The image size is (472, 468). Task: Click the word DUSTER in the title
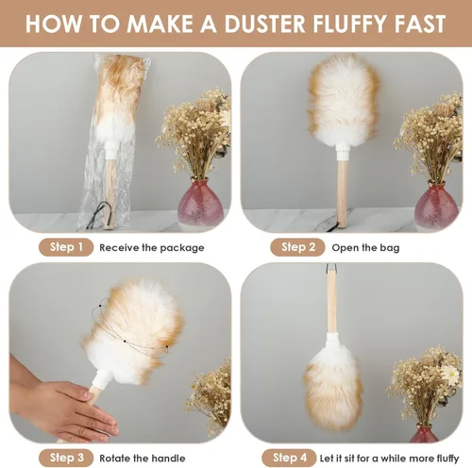pos(264,24)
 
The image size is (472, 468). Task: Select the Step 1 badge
pos(66,247)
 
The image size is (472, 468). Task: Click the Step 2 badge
pos(297,247)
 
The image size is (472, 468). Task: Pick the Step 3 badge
pos(66,458)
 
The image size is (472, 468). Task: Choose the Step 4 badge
pos(289,458)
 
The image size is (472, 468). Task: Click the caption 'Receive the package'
pos(152,248)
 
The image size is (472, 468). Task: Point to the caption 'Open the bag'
pos(365,248)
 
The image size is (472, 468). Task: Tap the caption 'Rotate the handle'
pos(143,459)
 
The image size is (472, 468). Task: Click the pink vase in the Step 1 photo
pos(200,202)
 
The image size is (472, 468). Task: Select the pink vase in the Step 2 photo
pos(436,205)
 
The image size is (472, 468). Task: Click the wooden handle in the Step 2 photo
pos(342,192)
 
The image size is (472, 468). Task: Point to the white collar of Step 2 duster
pos(343,150)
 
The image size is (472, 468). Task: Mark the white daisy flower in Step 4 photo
pos(449,375)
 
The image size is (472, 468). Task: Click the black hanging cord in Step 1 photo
pos(98,214)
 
